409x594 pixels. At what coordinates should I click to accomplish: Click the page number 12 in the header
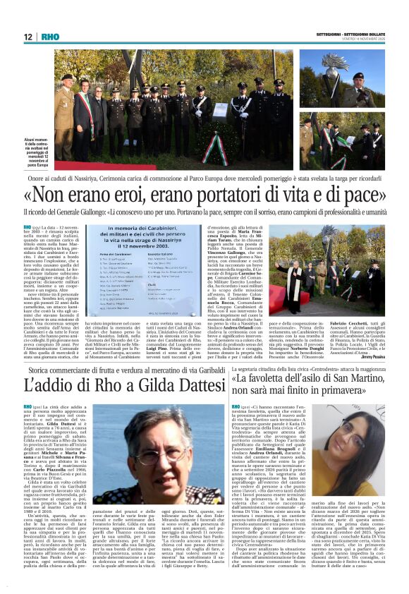click(x=28, y=37)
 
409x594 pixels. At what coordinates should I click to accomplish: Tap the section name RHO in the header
click(x=50, y=37)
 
